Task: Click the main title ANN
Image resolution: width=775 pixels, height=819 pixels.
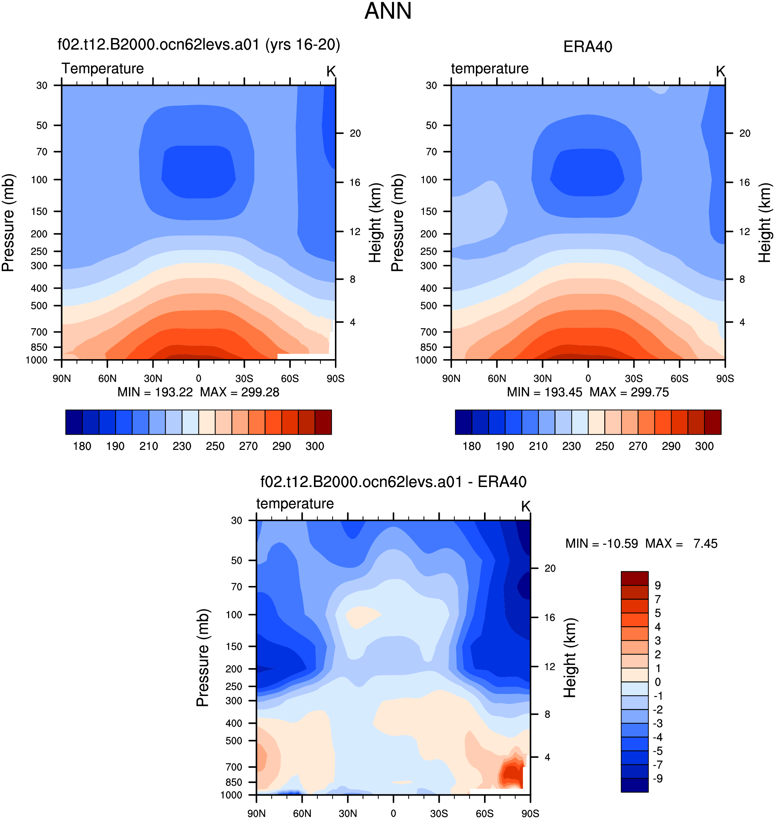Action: pyautogui.click(x=388, y=11)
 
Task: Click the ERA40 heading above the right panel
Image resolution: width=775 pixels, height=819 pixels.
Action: pyautogui.click(x=587, y=47)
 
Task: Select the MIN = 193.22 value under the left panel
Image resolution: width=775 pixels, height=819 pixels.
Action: pyautogui.click(x=155, y=392)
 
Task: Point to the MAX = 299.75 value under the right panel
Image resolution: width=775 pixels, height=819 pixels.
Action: pyautogui.click(x=629, y=392)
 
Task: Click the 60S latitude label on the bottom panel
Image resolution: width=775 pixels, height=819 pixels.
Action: pyautogui.click(x=485, y=813)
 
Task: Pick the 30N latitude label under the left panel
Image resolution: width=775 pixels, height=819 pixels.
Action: pyautogui.click(x=153, y=378)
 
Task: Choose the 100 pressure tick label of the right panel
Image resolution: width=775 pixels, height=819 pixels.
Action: pyautogui.click(x=428, y=180)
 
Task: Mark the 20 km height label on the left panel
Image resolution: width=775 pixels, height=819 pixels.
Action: pyautogui.click(x=355, y=133)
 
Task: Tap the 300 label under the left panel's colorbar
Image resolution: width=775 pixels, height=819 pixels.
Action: pyautogui.click(x=315, y=446)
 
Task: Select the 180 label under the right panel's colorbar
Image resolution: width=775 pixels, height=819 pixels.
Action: pyautogui.click(x=471, y=446)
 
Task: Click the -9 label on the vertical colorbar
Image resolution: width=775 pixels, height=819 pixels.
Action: pyautogui.click(x=658, y=778)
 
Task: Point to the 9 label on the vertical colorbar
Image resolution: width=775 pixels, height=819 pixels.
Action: pyautogui.click(x=658, y=586)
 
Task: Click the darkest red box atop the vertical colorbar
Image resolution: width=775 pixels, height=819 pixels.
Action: pyautogui.click(x=634, y=578)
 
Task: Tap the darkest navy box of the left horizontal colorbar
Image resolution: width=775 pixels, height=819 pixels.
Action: pyautogui.click(x=74, y=422)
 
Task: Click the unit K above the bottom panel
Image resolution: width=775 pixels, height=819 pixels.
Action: pyautogui.click(x=526, y=506)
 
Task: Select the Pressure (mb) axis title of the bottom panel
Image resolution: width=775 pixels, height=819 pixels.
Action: pyautogui.click(x=203, y=657)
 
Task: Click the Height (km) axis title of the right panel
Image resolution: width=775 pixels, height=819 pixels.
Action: pyautogui.click(x=765, y=223)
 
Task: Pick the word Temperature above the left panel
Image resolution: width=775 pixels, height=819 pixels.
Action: pyautogui.click(x=103, y=69)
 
